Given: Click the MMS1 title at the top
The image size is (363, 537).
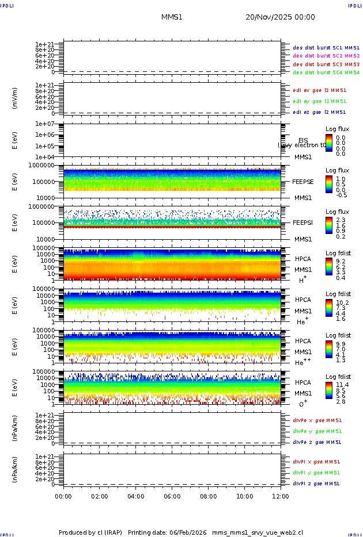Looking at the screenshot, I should coord(172,17).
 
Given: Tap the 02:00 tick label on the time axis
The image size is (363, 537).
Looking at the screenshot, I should coord(100,496).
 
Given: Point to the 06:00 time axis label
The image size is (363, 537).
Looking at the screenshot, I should coord(172,496).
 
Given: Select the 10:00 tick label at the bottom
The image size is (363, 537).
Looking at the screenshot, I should coord(245,496).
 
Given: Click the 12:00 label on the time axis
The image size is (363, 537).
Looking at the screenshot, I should coord(281,496).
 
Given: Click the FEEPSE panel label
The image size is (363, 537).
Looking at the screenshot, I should coord(303,182).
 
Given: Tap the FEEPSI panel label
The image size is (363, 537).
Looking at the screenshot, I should coord(303,223).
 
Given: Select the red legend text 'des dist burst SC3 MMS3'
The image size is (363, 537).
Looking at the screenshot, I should coord(326,64).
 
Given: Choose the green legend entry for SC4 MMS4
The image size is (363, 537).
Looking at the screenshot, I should coord(326,73).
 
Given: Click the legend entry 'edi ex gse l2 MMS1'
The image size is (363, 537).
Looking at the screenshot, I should coord(319,90).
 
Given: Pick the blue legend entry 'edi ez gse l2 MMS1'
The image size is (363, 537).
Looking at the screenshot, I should coord(319,112).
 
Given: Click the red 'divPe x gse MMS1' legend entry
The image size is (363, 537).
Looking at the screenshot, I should coord(317,420).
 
